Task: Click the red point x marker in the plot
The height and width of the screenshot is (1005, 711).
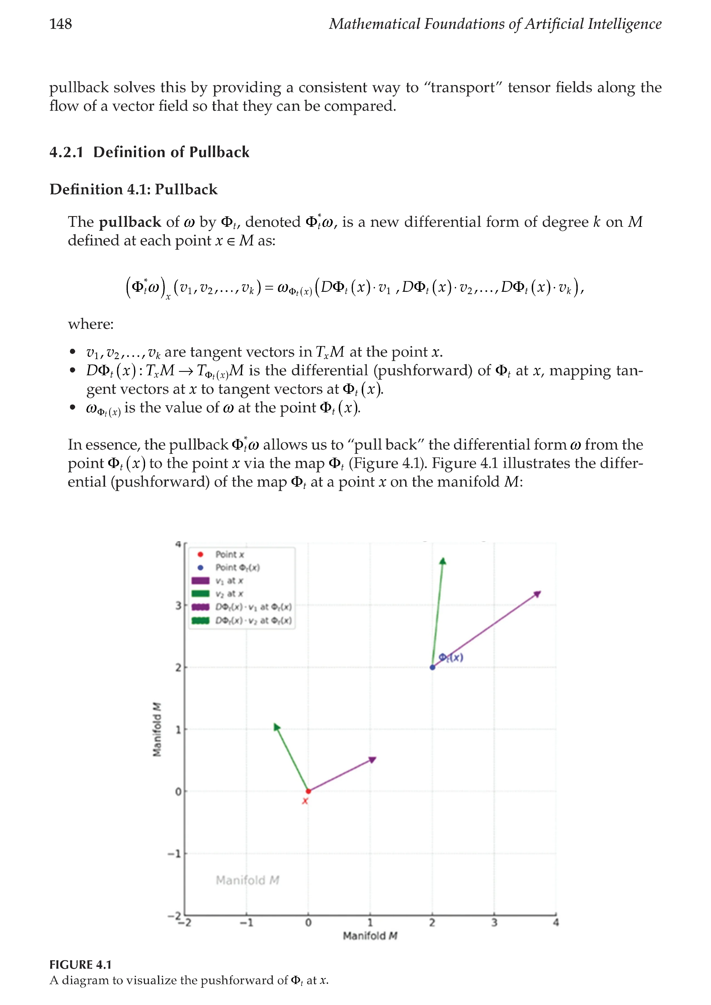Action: (308, 791)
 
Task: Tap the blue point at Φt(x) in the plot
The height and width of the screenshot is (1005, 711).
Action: (433, 667)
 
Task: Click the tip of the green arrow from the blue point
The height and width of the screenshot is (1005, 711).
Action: (443, 560)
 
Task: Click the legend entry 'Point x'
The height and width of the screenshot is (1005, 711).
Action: (229, 554)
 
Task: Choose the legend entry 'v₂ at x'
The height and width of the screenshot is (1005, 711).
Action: (229, 594)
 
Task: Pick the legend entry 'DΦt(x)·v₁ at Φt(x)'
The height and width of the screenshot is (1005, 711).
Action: (253, 607)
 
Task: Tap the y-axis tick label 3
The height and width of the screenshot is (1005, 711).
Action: (178, 606)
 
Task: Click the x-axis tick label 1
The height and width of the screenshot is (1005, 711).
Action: (370, 922)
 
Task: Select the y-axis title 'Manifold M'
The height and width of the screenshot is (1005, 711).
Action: (157, 729)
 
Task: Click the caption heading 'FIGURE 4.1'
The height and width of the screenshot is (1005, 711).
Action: (81, 964)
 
